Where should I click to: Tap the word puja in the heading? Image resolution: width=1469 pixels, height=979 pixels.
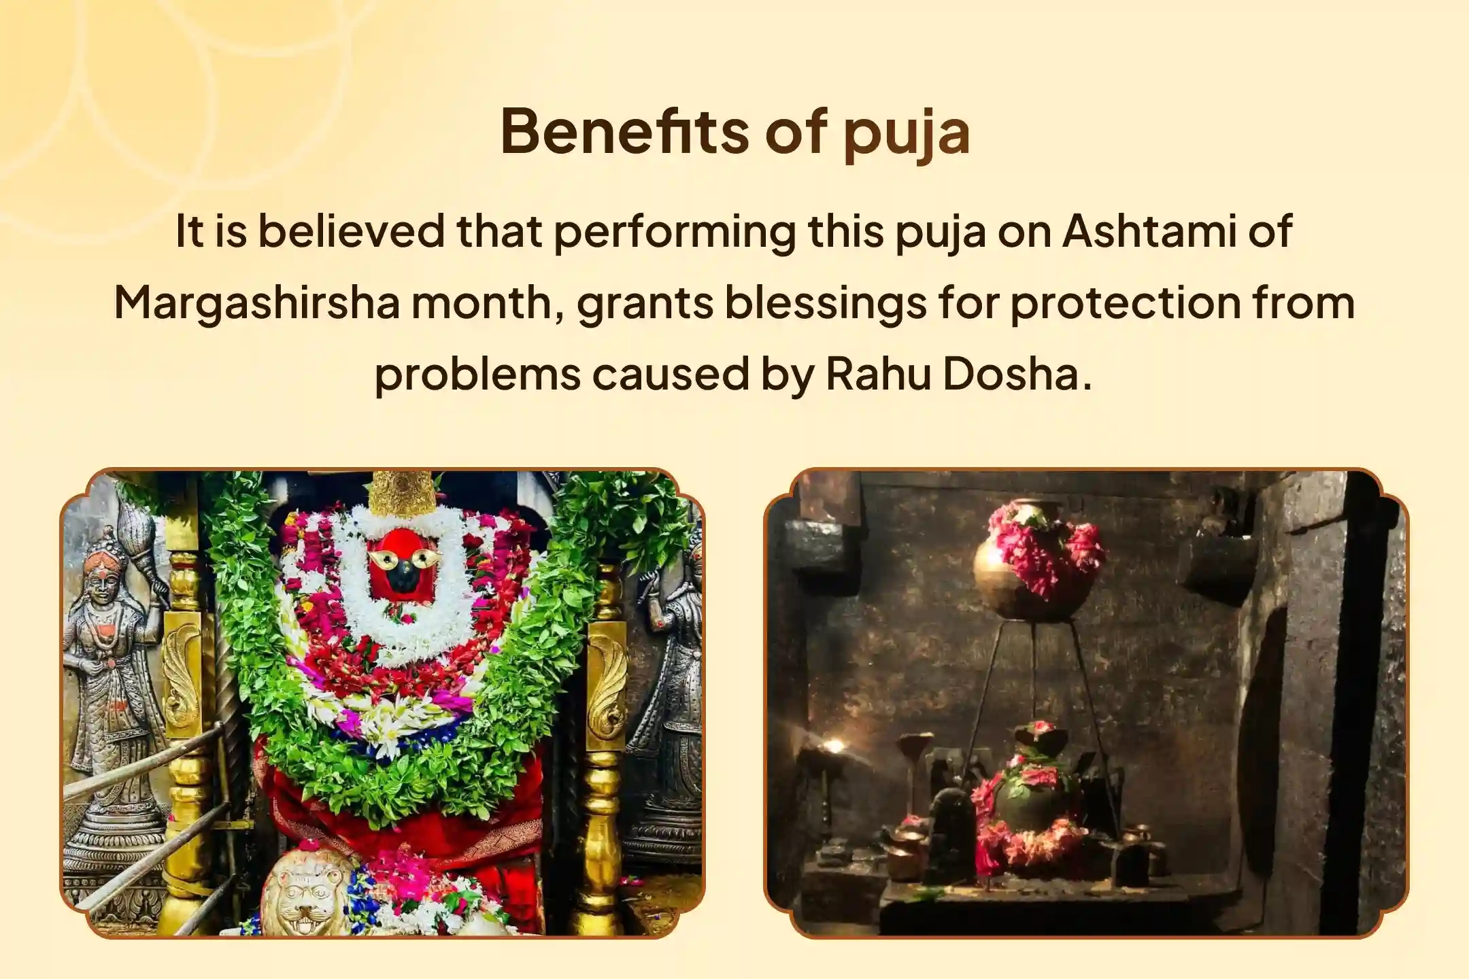[907, 134]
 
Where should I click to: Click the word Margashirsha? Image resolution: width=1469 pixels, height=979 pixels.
[256, 303]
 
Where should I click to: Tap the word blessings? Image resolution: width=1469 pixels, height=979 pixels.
[824, 303]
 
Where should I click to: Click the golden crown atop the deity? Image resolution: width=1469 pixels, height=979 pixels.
[403, 493]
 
